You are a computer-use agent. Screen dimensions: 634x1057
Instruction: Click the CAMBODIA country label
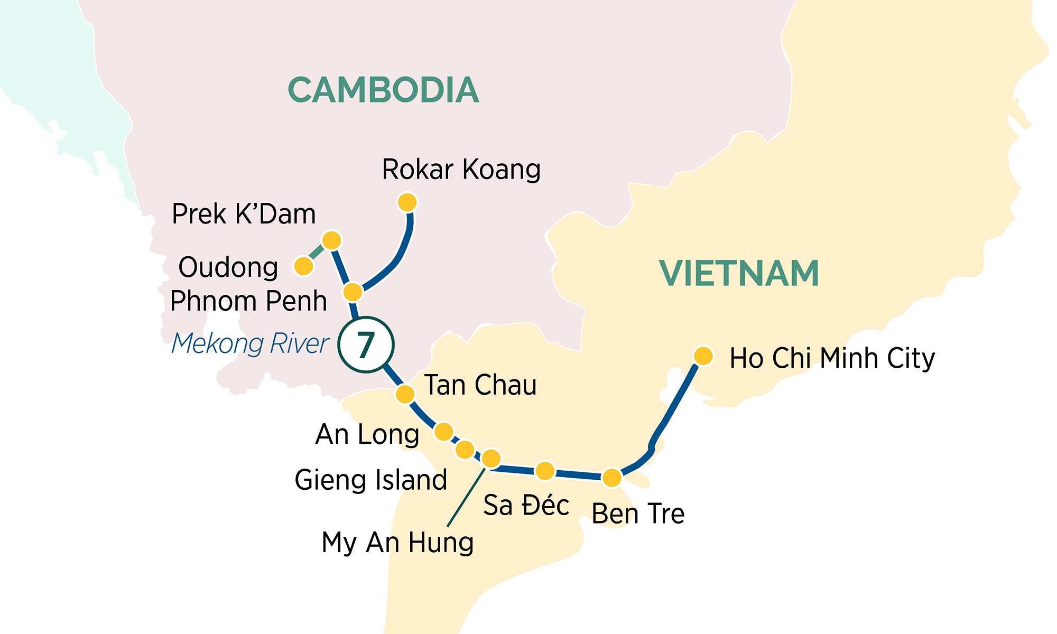[383, 90]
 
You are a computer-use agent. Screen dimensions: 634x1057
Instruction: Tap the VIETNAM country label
[739, 274]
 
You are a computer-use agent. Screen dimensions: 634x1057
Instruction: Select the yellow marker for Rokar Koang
[407, 202]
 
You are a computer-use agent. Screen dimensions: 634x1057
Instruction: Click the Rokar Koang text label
[461, 170]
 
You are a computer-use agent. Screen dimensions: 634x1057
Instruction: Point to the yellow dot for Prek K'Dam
[332, 240]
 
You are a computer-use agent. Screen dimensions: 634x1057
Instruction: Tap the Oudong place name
[228, 267]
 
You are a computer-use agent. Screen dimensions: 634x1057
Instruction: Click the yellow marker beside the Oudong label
[304, 266]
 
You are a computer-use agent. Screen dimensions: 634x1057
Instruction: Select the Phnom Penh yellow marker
[353, 292]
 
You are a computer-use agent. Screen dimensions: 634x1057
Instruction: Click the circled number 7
[366, 345]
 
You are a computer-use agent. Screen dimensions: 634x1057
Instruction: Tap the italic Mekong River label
[250, 344]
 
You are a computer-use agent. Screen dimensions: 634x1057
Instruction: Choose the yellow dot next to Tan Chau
[405, 394]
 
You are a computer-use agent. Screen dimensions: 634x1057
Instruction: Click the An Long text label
[367, 435]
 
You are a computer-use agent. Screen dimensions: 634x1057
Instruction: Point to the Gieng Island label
[370, 480]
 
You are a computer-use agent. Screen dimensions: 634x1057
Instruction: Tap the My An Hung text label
[397, 543]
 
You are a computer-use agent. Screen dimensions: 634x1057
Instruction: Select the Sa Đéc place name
[526, 505]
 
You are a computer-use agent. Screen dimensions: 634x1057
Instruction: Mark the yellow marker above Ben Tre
[612, 478]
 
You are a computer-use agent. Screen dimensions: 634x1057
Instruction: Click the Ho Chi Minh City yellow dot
[703, 356]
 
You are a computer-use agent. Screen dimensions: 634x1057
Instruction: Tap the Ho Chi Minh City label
[832, 359]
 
